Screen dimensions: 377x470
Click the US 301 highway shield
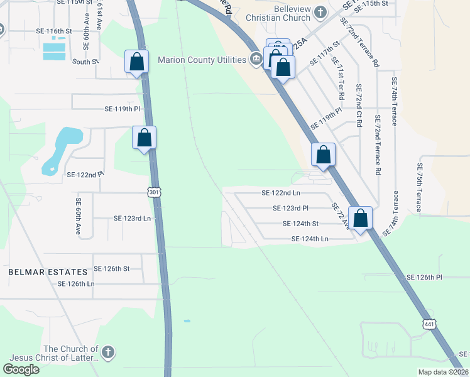[155, 191]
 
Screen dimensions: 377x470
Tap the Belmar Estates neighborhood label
[48, 272]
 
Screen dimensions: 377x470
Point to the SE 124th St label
[301, 223]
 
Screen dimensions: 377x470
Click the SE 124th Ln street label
[310, 239]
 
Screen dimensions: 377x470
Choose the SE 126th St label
[111, 268]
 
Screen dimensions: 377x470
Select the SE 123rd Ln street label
[133, 218]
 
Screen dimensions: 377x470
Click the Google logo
[21, 369]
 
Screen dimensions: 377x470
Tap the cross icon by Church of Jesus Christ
[108, 352]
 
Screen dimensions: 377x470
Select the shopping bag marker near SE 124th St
[361, 219]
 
